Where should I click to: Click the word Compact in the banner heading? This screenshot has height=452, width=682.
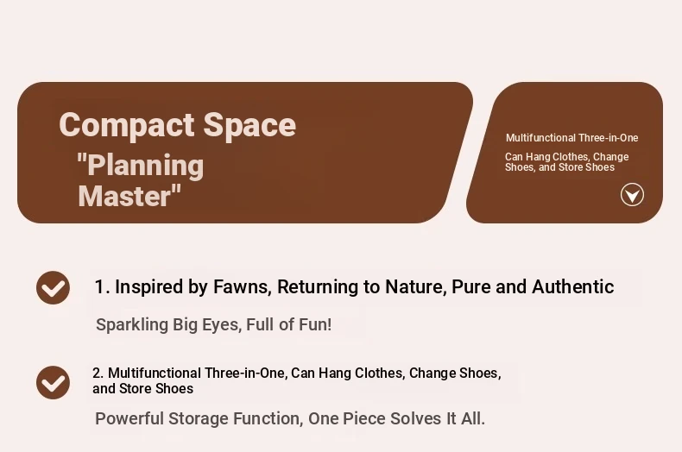pos(128,126)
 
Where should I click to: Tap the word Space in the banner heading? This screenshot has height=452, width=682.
pos(250,126)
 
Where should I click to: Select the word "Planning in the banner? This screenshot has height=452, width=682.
pos(140,166)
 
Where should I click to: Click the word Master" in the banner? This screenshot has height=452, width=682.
pos(129,196)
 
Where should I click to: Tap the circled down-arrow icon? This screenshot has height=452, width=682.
pos(632,195)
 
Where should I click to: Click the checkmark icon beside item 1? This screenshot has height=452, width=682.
pos(53,287)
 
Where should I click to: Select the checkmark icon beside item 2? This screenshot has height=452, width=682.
pos(53,382)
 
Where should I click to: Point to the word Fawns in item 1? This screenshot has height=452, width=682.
pos(243,287)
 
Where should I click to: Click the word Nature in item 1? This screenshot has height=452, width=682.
pos(416,287)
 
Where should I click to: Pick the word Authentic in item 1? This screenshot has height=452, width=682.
pos(573,287)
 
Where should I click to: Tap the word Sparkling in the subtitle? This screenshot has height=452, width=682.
pos(132,324)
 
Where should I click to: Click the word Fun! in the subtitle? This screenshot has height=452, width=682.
pos(315,324)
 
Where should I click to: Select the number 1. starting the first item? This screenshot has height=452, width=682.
pos(102,287)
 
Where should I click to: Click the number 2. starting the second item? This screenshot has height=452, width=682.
pos(98,373)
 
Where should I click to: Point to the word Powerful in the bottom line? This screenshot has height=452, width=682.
pos(129,418)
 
